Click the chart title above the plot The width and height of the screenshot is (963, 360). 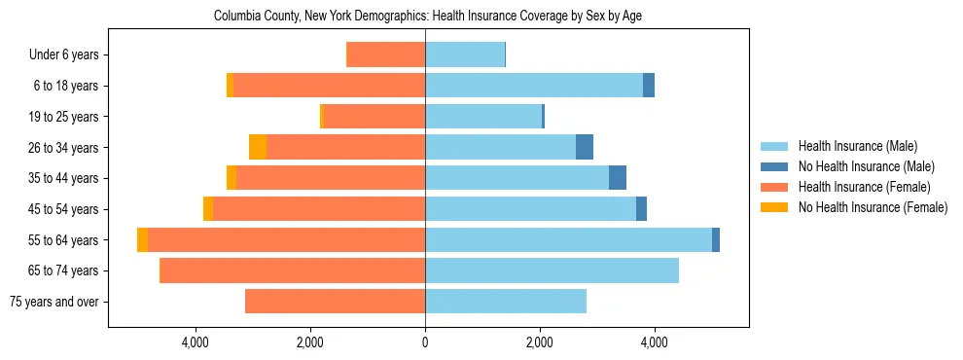pyautogui.click(x=428, y=17)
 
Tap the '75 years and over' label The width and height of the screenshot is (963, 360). pyautogui.click(x=53, y=302)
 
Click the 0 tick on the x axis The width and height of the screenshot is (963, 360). pyautogui.click(x=425, y=342)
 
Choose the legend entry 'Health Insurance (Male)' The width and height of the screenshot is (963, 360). pyautogui.click(x=852, y=146)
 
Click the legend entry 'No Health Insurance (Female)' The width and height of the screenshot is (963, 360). pyautogui.click(x=873, y=207)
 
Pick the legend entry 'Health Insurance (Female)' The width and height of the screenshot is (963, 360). pyautogui.click(x=859, y=187)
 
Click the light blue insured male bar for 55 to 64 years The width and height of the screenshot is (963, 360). pyautogui.click(x=568, y=239)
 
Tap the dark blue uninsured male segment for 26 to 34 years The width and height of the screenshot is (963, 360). pyautogui.click(x=585, y=147)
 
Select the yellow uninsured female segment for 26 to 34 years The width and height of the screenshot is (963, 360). pyautogui.click(x=258, y=147)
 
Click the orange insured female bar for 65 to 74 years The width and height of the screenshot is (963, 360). pyautogui.click(x=292, y=270)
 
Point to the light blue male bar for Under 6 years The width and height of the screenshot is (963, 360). pyautogui.click(x=465, y=55)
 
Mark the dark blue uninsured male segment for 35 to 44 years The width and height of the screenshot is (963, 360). pyautogui.click(x=618, y=178)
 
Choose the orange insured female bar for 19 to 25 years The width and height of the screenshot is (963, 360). pyautogui.click(x=374, y=117)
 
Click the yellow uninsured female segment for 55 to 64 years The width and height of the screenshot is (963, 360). pyautogui.click(x=143, y=239)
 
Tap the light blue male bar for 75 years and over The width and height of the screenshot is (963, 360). pyautogui.click(x=506, y=302)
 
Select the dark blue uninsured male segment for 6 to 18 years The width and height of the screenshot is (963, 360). pyautogui.click(x=649, y=86)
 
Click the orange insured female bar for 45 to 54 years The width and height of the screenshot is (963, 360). pyautogui.click(x=319, y=209)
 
